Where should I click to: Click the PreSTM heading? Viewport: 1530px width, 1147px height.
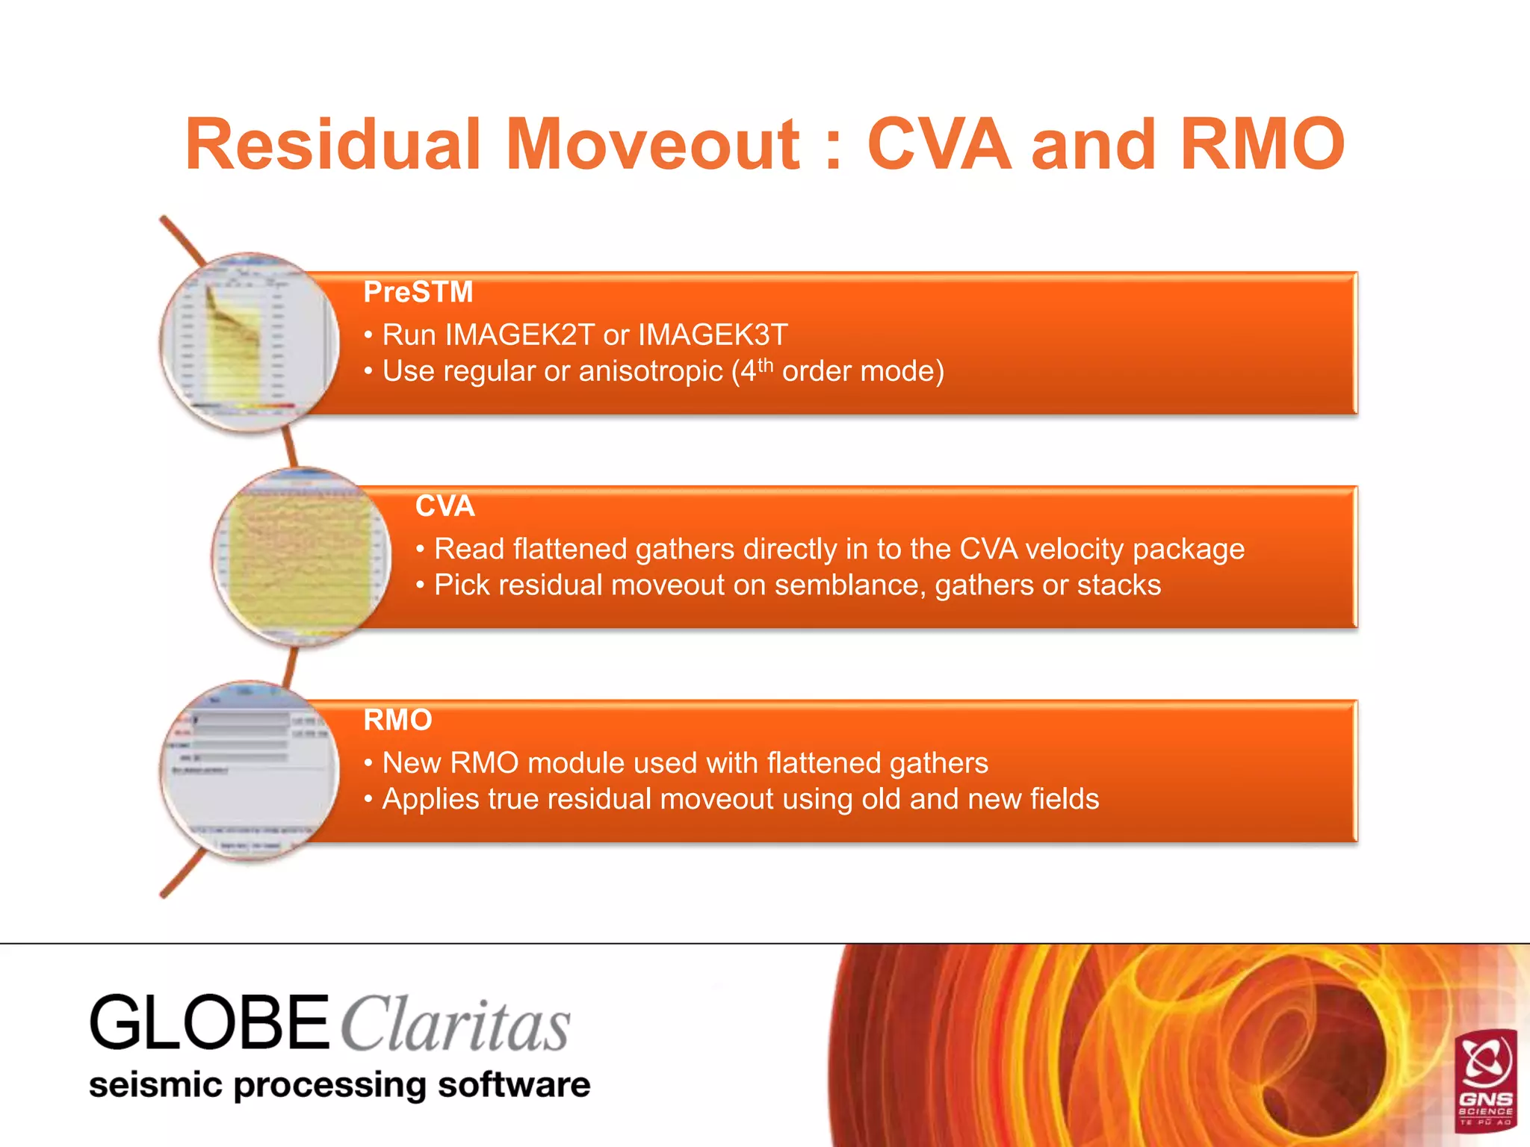(x=418, y=292)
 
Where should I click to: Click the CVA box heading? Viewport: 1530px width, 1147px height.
(x=445, y=506)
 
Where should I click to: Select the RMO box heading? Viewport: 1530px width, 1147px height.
(x=397, y=720)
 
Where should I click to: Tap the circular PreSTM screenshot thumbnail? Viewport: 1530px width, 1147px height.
(x=250, y=343)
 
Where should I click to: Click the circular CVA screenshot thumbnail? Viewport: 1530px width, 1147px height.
(x=302, y=557)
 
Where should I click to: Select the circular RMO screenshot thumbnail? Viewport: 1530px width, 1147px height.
(x=250, y=771)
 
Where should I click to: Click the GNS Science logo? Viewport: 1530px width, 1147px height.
(x=1485, y=1078)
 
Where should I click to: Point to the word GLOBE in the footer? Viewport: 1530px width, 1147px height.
(x=209, y=1022)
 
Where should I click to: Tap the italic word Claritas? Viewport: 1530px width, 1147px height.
(x=456, y=1025)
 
